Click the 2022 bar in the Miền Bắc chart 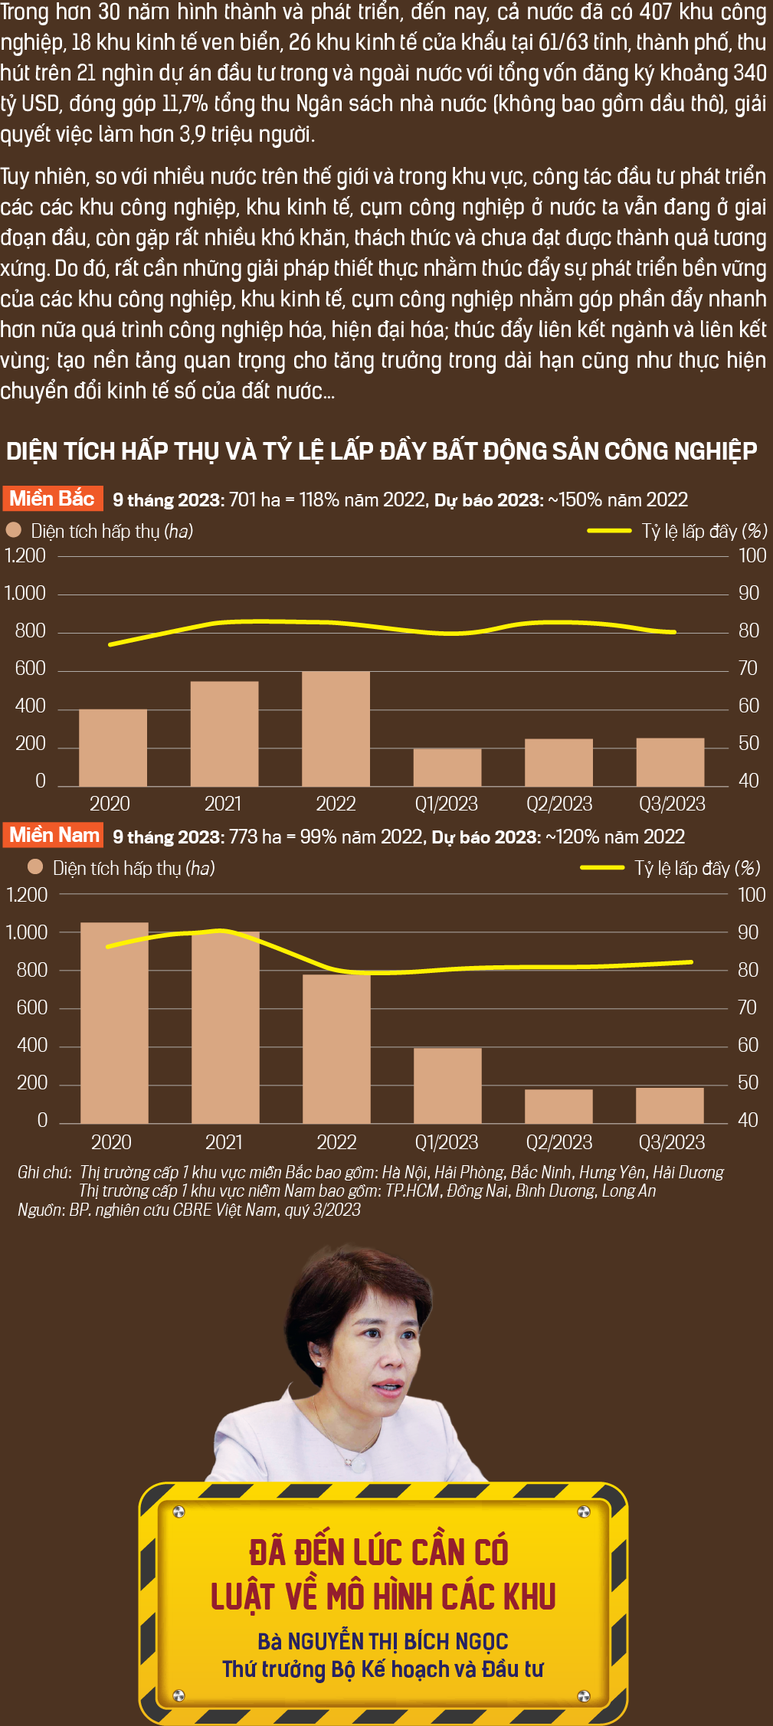point(336,729)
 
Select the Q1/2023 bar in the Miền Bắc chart point(447,768)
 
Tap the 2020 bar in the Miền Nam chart point(114,1023)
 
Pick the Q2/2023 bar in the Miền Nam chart point(558,1106)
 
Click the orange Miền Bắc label point(52,499)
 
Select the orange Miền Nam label point(54,835)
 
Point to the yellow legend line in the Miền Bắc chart point(609,530)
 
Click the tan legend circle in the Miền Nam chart point(34,866)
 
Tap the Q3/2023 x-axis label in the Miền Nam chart point(672,1142)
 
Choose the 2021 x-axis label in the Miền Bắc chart point(223,804)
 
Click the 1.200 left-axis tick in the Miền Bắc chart point(25,555)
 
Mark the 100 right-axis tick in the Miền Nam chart point(752,895)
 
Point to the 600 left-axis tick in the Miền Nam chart point(32,1007)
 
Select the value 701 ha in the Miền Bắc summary point(255,500)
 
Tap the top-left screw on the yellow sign point(179,1511)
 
